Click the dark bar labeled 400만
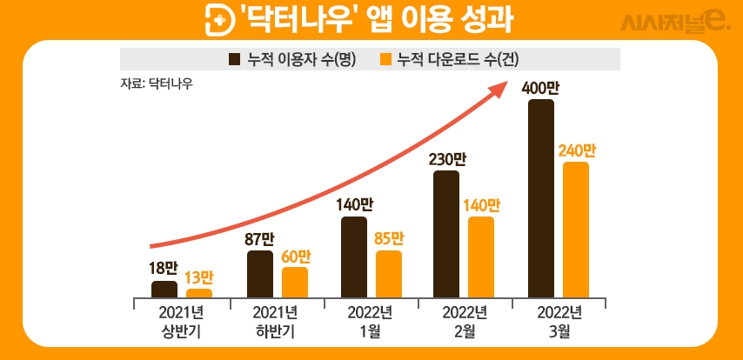540,199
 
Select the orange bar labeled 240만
576,230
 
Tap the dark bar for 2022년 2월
445,235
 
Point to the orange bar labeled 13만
199,294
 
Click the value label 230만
445,159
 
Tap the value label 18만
164,269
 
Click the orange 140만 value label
481,206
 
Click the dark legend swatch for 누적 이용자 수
235,59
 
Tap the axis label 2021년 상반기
181,322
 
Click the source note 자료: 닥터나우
157,84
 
